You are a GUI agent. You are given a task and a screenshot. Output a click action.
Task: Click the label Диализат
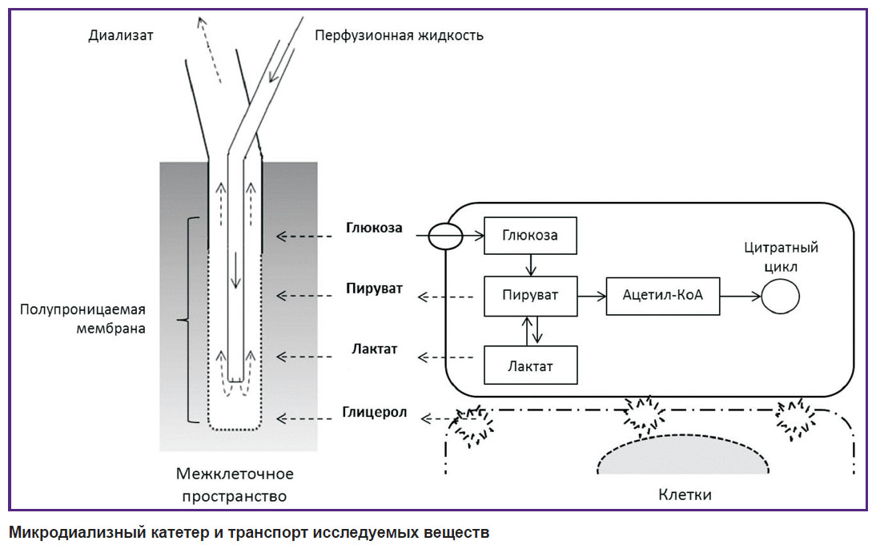pos(121,35)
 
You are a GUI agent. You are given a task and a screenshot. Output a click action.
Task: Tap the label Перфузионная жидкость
pos(399,35)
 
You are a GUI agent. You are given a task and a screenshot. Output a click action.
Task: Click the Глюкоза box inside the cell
pos(530,236)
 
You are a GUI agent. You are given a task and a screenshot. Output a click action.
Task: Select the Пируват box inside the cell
pos(530,295)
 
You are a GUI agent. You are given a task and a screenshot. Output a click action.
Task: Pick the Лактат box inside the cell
pos(530,365)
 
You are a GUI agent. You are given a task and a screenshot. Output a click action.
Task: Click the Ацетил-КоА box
pos(662,296)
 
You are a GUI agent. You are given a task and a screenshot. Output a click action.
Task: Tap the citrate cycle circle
pos(781,297)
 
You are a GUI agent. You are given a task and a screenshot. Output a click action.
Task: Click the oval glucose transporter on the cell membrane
pos(445,236)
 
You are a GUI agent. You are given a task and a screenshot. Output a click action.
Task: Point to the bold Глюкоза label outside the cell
pos(374,228)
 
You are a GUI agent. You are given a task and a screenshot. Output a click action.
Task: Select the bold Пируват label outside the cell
pos(374,289)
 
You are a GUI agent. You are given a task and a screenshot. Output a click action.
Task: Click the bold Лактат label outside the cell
pos(374,349)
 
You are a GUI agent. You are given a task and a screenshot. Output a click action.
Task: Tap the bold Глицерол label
pos(374,413)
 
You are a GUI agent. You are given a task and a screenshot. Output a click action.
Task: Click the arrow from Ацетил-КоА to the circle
pos(741,297)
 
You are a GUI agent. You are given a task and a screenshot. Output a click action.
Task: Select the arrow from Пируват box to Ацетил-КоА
pos(592,296)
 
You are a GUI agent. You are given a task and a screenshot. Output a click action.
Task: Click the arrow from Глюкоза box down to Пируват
pos(531,265)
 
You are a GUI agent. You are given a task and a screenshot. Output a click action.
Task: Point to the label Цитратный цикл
pos(781,256)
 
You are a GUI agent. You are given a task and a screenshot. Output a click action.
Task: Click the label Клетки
pos(685,495)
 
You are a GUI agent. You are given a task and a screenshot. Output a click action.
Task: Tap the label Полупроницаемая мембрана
pos(82,319)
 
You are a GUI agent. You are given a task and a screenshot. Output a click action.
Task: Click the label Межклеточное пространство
pos(235,485)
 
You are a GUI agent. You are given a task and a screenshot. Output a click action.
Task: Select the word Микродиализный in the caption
pos(78,532)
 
